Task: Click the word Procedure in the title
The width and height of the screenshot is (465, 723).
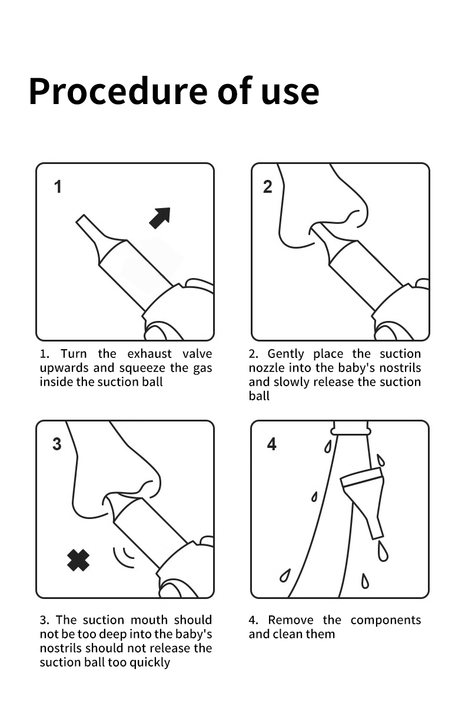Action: click(118, 91)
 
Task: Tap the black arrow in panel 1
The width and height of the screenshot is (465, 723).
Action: click(160, 217)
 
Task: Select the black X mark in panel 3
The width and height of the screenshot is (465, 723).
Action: click(78, 560)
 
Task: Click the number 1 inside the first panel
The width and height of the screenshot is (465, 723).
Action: click(58, 187)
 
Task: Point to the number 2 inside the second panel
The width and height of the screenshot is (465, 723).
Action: click(268, 187)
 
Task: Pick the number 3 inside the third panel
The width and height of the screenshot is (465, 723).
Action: click(57, 444)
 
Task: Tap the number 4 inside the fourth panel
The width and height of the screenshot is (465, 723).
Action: click(272, 444)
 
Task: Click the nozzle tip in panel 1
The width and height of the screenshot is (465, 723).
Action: click(81, 219)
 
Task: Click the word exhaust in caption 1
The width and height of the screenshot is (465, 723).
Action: click(150, 354)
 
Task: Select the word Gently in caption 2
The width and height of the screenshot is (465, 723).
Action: click(286, 354)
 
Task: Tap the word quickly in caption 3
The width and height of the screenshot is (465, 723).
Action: click(150, 662)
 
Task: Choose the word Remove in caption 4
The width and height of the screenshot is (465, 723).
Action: click(291, 620)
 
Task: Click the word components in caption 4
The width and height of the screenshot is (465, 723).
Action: click(386, 621)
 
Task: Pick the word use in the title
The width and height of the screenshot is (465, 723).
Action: click(290, 94)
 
